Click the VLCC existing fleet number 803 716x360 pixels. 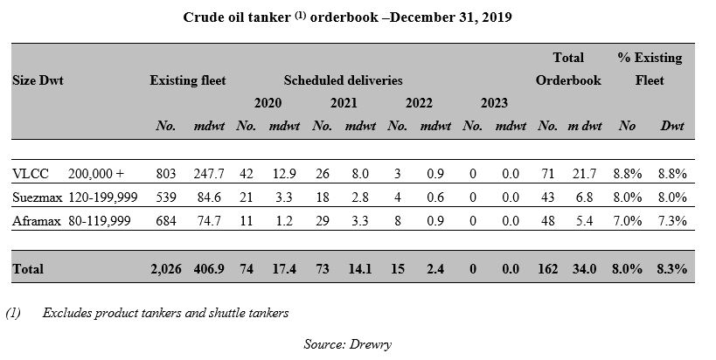click(165, 175)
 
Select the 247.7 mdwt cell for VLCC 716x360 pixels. click(209, 175)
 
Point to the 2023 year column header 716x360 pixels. click(494, 103)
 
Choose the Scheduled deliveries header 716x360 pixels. click(343, 80)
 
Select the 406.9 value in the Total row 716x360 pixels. click(209, 269)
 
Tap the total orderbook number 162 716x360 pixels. click(547, 269)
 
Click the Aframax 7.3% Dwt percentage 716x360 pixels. click(672, 222)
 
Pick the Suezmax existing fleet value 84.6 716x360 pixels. click(212, 198)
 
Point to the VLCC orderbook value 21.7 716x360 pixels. click(582, 175)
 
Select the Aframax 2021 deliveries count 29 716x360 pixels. click(322, 222)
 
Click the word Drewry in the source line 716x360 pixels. click(374, 343)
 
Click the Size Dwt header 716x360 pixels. click(38, 80)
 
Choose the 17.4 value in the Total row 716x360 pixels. click(284, 269)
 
